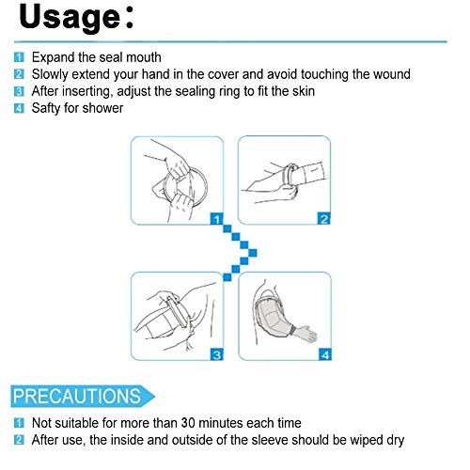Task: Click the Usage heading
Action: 76,18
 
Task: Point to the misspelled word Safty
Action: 46,108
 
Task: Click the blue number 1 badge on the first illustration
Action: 216,219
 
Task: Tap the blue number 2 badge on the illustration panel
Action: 324,218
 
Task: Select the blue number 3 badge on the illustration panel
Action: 217,354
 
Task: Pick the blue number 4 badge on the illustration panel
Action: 325,354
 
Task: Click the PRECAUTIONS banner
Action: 82,396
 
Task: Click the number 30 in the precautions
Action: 188,423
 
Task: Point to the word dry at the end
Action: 396,441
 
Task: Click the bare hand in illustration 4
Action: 306,333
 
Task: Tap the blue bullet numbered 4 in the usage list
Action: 19,108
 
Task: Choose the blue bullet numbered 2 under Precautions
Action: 19,440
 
